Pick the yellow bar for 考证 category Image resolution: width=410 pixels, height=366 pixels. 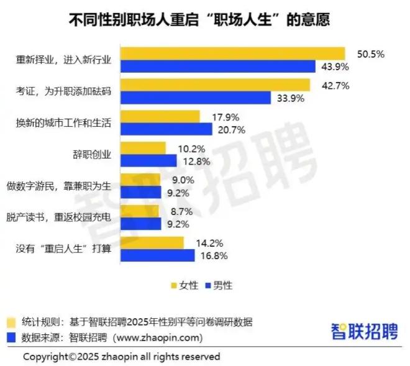pyautogui.click(x=214, y=85)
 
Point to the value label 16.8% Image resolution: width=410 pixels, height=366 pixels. pyautogui.click(x=211, y=255)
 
